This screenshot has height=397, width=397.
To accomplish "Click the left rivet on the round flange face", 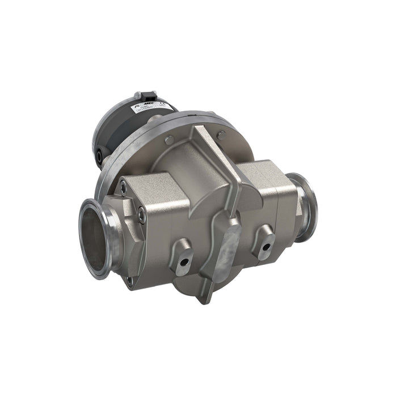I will pyautogui.click(x=168, y=140).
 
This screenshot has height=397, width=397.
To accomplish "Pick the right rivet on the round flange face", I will pyautogui.click(x=221, y=134).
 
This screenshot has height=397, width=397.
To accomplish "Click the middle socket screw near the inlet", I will pyautogui.click(x=141, y=214).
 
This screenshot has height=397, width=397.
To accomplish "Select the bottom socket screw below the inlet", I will pyautogui.click(x=129, y=281).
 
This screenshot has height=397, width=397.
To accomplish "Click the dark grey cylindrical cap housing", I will pyautogui.click(x=116, y=133).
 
